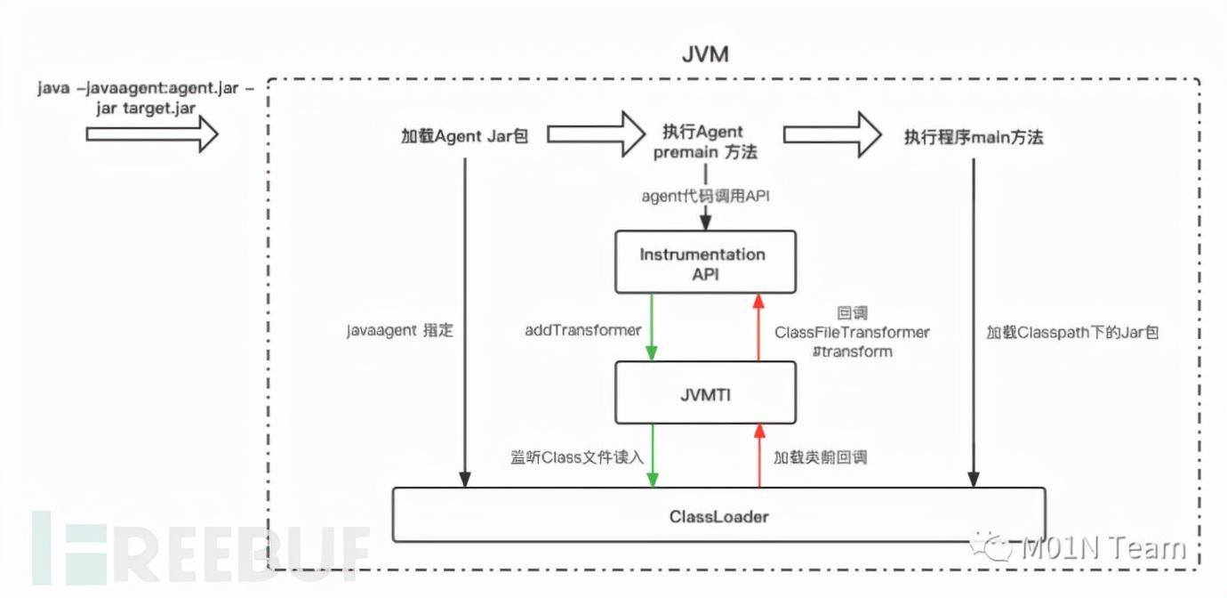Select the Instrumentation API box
[702, 263]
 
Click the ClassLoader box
[718, 515]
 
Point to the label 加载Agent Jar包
[465, 137]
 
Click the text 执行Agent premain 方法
[705, 141]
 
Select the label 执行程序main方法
[974, 137]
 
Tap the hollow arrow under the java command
[151, 135]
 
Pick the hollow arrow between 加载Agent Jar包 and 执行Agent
[596, 134]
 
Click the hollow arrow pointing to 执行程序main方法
[830, 134]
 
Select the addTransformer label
[582, 330]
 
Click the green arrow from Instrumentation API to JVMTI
[653, 327]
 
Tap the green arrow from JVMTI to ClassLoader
[653, 455]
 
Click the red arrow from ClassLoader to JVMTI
[758, 455]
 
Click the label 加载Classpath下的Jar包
[1072, 333]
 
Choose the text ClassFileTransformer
[852, 333]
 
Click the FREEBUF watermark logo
[200, 545]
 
